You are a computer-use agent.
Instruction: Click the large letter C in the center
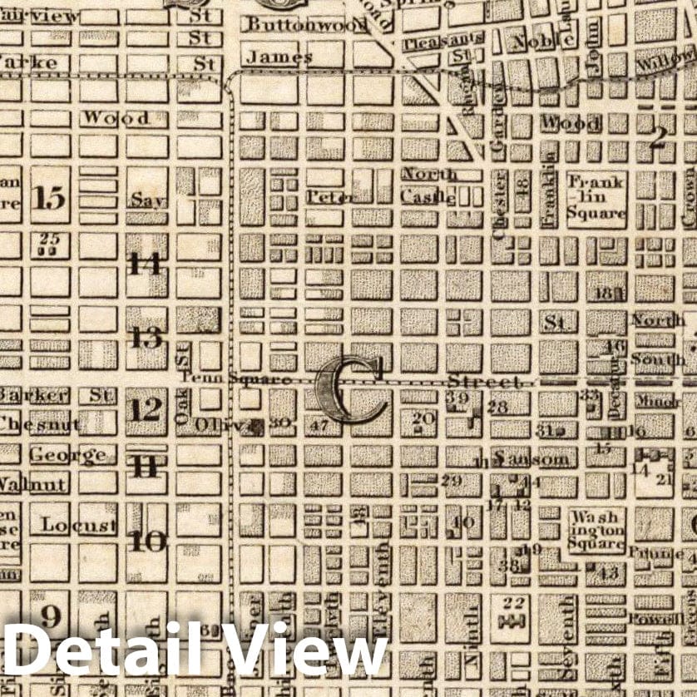[x=349, y=391]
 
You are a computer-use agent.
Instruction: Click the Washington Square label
[x=596, y=531]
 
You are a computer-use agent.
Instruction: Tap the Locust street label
[x=78, y=526]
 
